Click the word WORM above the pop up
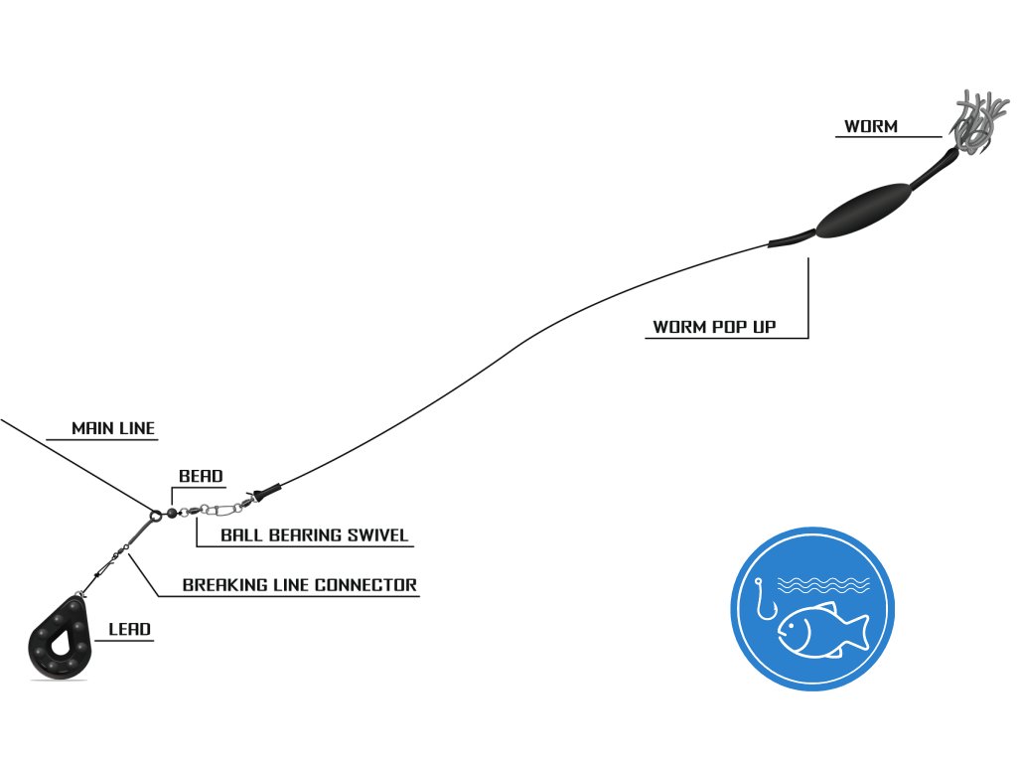(871, 127)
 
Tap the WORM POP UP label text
(714, 327)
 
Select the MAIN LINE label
(113, 429)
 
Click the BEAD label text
(201, 477)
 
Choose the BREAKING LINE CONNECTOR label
(299, 585)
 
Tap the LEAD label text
(130, 630)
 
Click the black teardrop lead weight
(60, 641)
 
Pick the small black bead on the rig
(172, 514)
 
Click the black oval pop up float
(861, 210)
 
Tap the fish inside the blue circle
(820, 629)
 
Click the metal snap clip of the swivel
(220, 511)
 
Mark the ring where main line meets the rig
(156, 515)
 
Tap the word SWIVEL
(376, 535)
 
